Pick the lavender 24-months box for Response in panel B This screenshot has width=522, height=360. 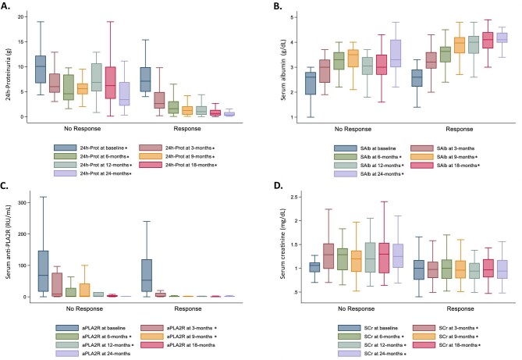(502, 37)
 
